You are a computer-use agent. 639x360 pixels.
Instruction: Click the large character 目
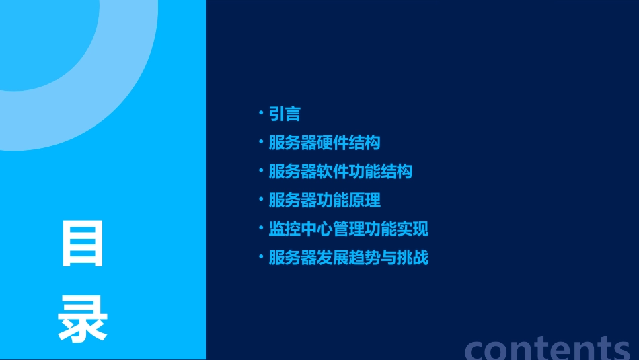coord(83,244)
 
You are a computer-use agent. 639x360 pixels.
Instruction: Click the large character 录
coord(83,320)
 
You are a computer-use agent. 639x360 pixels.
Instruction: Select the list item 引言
coord(285,114)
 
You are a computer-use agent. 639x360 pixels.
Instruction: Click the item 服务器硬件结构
coord(324,143)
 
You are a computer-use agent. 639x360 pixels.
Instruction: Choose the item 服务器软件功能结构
coord(340,172)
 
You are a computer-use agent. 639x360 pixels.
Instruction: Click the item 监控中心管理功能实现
coord(348,229)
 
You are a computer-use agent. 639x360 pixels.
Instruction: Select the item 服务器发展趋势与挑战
coord(348,258)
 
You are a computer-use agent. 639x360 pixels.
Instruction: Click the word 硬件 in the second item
coord(332,143)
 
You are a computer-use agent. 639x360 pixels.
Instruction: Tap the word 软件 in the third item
coord(332,172)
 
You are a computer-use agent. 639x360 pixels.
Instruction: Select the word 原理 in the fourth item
coord(365,200)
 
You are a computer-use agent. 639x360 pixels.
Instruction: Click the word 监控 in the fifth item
coord(285,229)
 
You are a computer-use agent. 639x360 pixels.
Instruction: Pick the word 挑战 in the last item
coord(412,258)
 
